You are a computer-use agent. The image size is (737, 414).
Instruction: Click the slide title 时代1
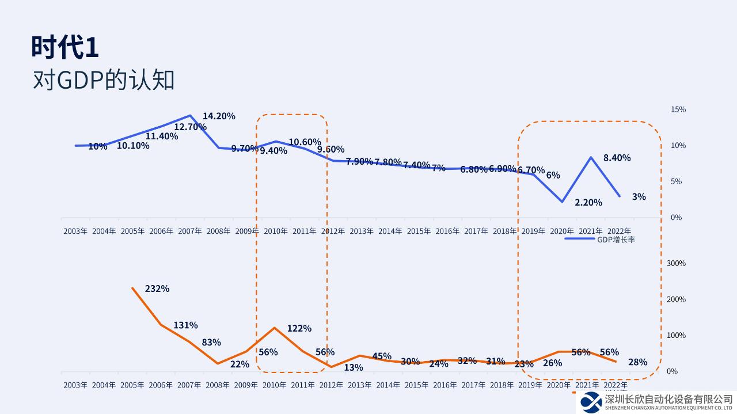tap(65, 47)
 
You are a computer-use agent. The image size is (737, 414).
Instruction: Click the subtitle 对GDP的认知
tap(104, 81)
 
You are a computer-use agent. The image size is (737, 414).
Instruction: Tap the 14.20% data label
tap(219, 116)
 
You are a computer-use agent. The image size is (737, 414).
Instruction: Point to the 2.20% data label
tap(588, 203)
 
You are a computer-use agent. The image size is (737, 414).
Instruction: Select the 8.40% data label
tap(617, 158)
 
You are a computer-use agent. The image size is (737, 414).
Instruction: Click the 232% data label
tap(157, 288)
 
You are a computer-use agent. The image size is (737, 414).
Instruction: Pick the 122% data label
tap(299, 328)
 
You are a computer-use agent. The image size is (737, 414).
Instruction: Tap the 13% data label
tap(354, 367)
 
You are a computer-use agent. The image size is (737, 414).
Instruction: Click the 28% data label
tap(638, 362)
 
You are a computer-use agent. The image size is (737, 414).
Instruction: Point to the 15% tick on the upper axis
tap(678, 109)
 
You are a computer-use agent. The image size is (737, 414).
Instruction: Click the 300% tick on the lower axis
tap(676, 263)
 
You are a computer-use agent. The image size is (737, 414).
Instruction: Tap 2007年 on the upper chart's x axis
tap(190, 231)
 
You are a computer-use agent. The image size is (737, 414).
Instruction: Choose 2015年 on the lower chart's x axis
tap(418, 385)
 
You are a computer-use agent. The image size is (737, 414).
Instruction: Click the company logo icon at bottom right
tap(591, 401)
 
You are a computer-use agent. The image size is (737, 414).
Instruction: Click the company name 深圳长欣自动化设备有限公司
tap(668, 398)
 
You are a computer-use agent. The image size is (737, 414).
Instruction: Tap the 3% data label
tap(639, 196)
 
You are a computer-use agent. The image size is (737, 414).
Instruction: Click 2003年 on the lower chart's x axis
tap(75, 385)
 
